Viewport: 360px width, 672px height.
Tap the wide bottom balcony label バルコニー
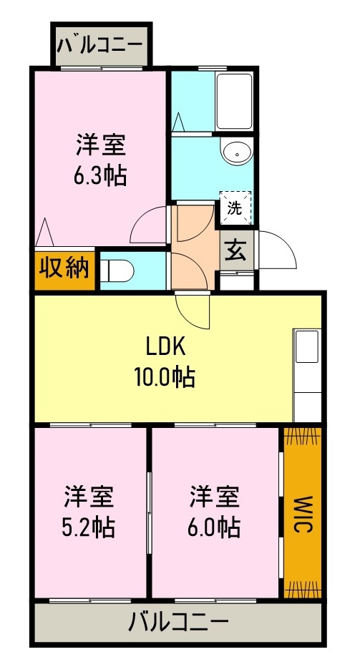(x=178, y=623)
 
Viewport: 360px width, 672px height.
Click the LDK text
(x=165, y=346)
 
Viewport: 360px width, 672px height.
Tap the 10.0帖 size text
(x=165, y=376)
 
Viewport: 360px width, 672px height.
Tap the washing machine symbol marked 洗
(x=234, y=208)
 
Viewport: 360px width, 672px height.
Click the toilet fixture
(x=115, y=271)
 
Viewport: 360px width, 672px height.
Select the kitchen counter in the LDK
(x=306, y=376)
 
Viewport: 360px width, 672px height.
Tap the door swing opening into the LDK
(x=193, y=309)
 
